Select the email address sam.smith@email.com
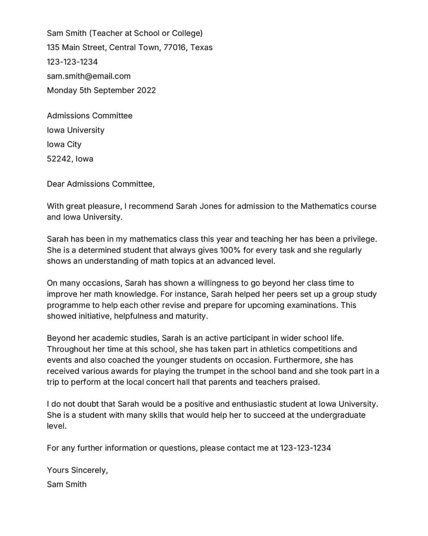point(89,76)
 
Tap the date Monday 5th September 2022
point(101,90)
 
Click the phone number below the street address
point(72,62)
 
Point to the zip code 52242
point(59,159)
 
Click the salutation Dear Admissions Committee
point(100,184)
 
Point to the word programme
point(67,305)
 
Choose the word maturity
point(191,316)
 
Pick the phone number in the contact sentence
point(305,448)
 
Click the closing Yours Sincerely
point(77,470)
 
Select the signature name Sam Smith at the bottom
point(67,485)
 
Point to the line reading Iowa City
point(64,145)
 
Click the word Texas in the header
point(201,48)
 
